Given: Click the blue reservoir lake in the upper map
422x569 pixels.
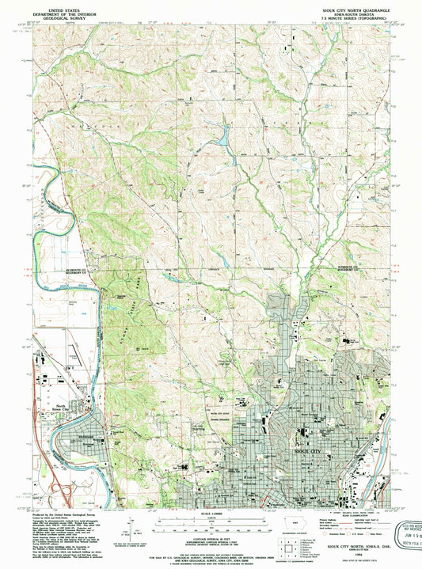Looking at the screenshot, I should (225, 136).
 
